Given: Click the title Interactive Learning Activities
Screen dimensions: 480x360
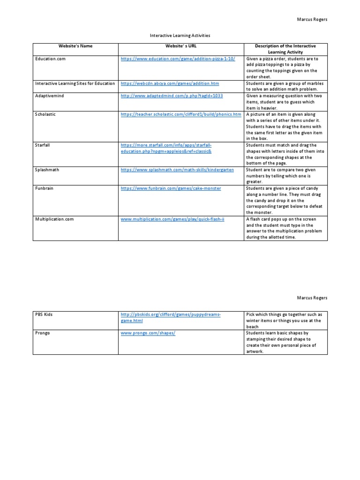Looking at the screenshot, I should (x=180, y=35).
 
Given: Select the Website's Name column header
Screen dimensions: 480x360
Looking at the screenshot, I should (x=75, y=46).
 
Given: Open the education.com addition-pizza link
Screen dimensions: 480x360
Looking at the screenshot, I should (x=178, y=59).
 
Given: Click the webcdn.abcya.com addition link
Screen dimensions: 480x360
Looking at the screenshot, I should (x=170, y=83).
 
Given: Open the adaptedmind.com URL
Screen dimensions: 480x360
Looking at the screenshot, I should (x=172, y=95).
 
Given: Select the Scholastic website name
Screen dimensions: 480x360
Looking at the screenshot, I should (x=45, y=114).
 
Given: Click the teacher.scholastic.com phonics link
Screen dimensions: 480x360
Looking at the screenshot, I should (x=181, y=114).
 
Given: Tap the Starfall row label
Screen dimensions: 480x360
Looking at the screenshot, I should (x=43, y=145).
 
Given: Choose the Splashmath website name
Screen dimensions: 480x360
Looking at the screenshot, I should (x=47, y=169).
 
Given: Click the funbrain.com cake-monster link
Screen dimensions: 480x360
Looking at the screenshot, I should (x=171, y=188).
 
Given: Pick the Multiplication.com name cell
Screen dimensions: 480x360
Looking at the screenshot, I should (x=54, y=219).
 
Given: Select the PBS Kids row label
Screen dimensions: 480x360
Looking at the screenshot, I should (x=44, y=314).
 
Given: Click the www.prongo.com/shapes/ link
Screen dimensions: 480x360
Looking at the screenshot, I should (x=142, y=333).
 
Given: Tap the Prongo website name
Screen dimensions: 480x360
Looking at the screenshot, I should (x=42, y=333).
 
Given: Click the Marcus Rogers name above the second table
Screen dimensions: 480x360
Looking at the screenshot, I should (x=313, y=298).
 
